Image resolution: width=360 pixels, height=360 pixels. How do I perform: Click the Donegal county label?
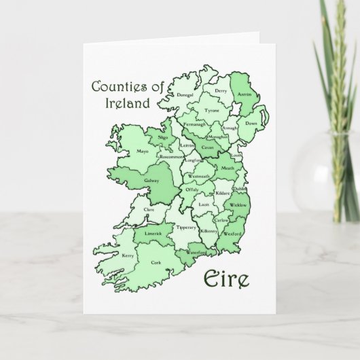click(185, 95)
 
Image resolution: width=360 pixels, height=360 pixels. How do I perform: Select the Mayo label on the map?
click(143, 151)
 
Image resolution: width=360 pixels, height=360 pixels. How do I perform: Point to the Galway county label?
click(151, 181)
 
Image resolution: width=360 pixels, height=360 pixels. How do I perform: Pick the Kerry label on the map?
click(128, 255)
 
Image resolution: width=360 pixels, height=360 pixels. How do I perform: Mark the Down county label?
click(251, 124)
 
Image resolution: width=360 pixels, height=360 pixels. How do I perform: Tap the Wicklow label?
click(238, 204)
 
